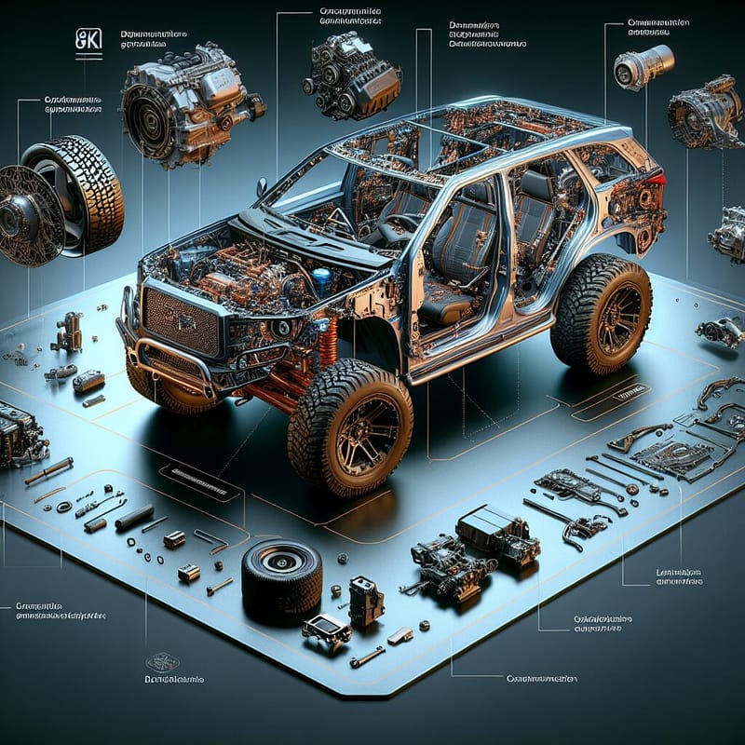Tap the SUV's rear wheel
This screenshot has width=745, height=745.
[602, 313]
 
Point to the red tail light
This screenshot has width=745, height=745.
[658, 179]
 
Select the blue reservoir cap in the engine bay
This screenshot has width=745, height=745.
[322, 278]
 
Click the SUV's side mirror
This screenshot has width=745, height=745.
[263, 186]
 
